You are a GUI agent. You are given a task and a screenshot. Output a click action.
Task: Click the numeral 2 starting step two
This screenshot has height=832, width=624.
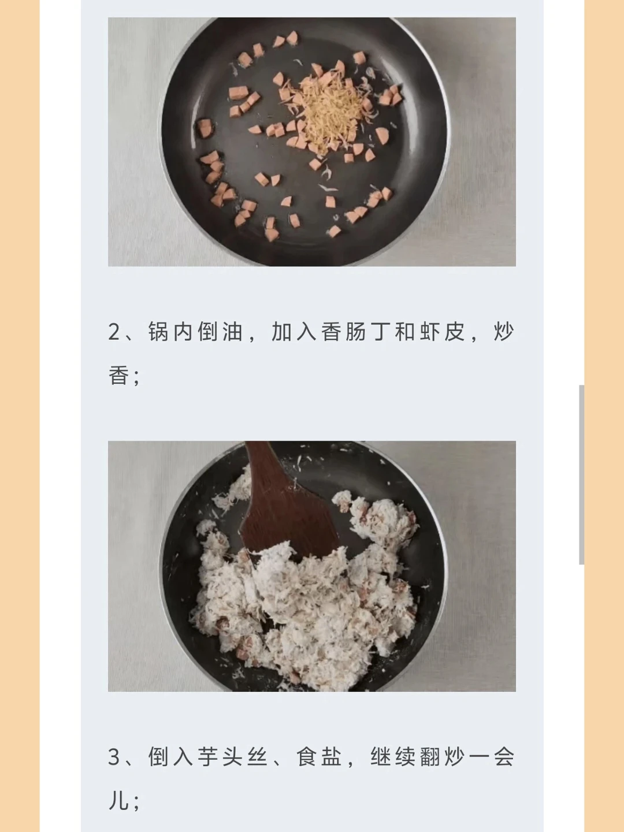tap(114, 332)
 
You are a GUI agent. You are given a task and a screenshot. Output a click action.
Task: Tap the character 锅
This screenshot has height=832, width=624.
tap(158, 332)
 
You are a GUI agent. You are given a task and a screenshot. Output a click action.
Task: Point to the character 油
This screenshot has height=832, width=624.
tap(232, 332)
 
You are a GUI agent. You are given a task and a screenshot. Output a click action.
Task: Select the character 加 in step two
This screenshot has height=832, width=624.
tap(281, 332)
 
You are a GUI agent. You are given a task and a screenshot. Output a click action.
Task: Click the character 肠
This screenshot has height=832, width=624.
tap(356, 332)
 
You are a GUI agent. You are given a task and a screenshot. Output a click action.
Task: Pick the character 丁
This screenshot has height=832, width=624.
tap(380, 332)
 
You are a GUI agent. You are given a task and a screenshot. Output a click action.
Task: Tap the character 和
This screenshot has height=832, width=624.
tap(405, 332)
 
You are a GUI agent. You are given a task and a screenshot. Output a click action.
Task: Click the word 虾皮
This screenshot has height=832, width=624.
tap(442, 332)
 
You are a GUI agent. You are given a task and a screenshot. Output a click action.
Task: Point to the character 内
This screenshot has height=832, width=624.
tap(183, 332)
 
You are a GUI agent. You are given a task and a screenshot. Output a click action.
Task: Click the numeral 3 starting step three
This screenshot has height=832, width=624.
tap(114, 757)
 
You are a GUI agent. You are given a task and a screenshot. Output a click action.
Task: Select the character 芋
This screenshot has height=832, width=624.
tap(207, 757)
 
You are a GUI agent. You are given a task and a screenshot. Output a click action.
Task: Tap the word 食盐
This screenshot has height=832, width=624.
tap(318, 757)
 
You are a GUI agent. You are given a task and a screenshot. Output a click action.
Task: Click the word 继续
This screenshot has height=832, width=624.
tap(393, 757)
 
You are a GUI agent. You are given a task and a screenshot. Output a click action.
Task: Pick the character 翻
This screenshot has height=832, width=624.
tap(430, 757)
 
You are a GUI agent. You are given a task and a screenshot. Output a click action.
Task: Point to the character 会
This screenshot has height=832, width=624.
tap(504, 757)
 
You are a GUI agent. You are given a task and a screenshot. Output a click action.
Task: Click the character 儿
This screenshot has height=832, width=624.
tap(118, 800)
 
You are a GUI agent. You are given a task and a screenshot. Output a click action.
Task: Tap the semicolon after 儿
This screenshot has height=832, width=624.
tap(137, 803)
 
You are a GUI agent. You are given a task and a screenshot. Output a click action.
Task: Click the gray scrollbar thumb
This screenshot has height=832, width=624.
tap(582, 474)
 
